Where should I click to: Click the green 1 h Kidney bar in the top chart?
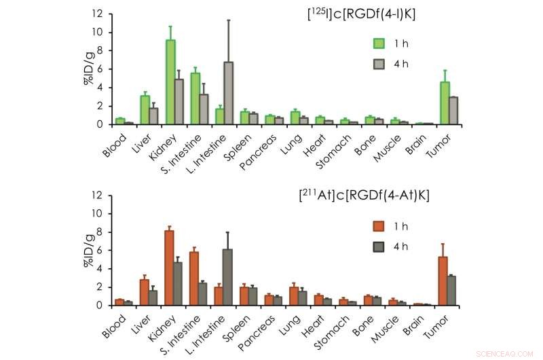pos(171,82)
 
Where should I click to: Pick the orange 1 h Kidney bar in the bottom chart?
pos(169,268)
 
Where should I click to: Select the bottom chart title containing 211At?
pos(364,196)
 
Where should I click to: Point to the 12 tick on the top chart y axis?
pos(98,14)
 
